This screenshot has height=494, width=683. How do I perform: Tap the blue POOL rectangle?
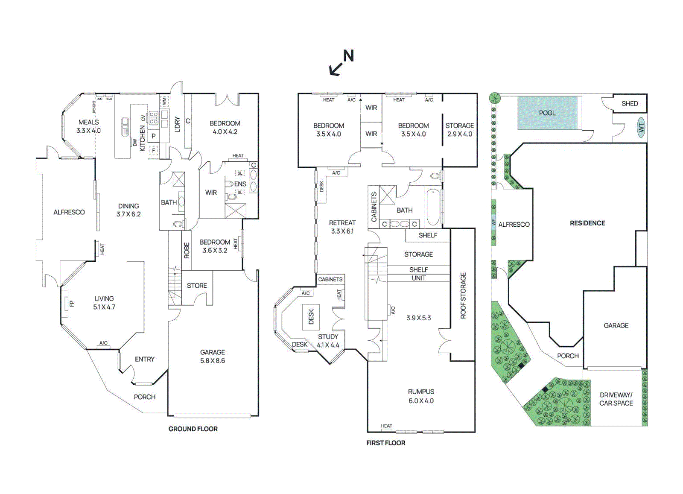tap(547, 113)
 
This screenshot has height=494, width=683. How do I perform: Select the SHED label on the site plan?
tap(630, 104)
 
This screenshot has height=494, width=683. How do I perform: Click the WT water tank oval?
tap(641, 127)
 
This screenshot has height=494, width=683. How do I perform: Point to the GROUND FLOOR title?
tap(193, 429)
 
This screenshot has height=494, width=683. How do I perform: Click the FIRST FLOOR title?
tap(385, 443)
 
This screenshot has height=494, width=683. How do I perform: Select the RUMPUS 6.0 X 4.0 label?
tap(421, 396)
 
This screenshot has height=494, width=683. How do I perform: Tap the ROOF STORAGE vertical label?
tap(463, 295)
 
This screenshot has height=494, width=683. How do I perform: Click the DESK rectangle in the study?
tap(311, 317)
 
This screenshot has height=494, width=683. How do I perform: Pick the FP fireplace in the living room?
tap(67, 304)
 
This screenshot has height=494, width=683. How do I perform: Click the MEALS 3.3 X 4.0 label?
tap(88, 126)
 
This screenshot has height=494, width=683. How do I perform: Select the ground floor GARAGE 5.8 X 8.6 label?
tap(213, 357)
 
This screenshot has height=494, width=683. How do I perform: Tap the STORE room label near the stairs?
tap(197, 286)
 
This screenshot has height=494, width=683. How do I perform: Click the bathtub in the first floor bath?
tap(433, 207)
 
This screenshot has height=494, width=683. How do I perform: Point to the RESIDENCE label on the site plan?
tap(587, 223)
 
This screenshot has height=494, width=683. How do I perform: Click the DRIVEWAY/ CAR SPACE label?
tap(616, 399)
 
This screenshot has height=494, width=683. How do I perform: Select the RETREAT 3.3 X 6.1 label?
tap(342, 227)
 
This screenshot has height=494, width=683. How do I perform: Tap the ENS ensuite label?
tap(240, 184)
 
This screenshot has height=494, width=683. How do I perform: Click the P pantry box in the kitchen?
tap(154, 136)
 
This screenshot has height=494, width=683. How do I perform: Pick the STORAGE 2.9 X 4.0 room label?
tap(459, 130)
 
